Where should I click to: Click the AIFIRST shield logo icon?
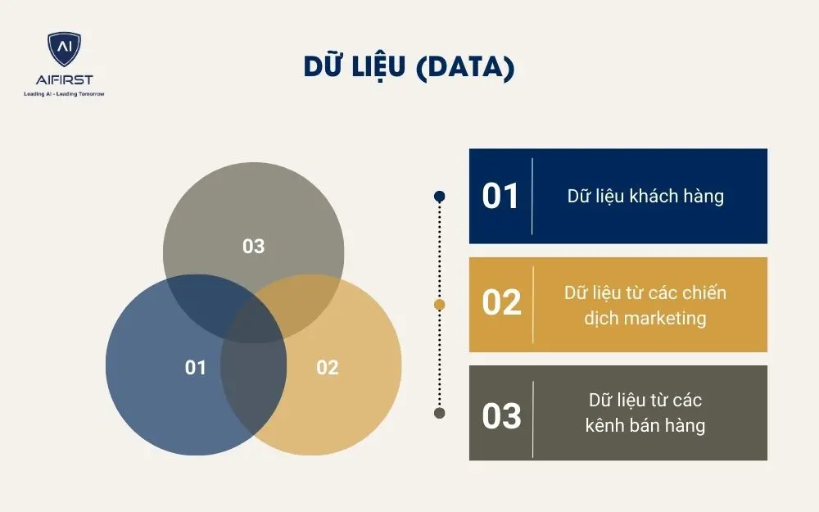(64, 50)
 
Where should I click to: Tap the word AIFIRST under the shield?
(64, 79)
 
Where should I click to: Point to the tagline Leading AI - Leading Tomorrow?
(64, 93)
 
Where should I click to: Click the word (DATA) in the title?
(465, 68)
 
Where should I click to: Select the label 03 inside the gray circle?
(254, 246)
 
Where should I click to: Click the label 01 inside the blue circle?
(196, 368)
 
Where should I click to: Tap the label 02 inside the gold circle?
(327, 368)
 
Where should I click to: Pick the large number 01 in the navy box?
(500, 197)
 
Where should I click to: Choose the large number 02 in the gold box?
(501, 303)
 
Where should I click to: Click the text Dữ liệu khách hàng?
(645, 197)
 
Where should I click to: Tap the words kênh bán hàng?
(645, 426)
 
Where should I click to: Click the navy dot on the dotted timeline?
(440, 196)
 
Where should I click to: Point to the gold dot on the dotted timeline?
(440, 305)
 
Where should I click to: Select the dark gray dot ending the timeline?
(440, 413)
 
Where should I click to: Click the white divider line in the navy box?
(532, 197)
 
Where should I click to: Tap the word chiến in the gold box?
(704, 293)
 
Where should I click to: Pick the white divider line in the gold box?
(532, 304)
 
